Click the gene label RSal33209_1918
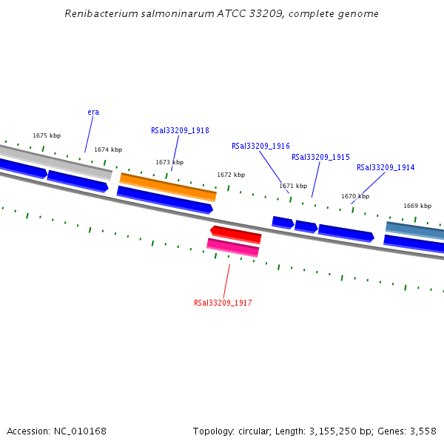click(180, 130)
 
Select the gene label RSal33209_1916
click(260, 147)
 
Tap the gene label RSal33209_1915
click(320, 157)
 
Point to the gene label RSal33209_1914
click(386, 167)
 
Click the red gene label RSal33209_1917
click(223, 303)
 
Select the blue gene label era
click(93, 112)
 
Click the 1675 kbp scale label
click(47, 135)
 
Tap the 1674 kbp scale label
click(108, 149)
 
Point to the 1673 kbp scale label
click(169, 162)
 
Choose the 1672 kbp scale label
click(231, 175)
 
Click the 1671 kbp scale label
click(293, 186)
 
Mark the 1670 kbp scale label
click(355, 196)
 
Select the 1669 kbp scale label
click(417, 206)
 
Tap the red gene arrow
click(236, 234)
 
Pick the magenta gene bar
click(233, 247)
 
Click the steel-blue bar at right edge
click(415, 229)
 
